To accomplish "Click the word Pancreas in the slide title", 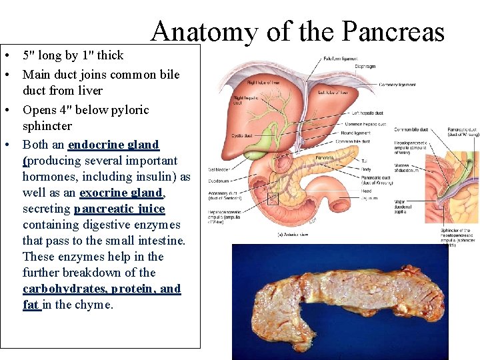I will click(393, 31).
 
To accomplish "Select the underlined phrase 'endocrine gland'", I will click(113, 145).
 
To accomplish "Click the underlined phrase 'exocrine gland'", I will click(121, 193).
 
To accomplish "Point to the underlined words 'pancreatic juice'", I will click(119, 209).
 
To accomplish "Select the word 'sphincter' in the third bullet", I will click(47, 126).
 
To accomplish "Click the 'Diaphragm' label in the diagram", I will click(365, 67).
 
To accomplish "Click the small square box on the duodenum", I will click(273, 198).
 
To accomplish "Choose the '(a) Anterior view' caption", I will click(293, 234).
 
